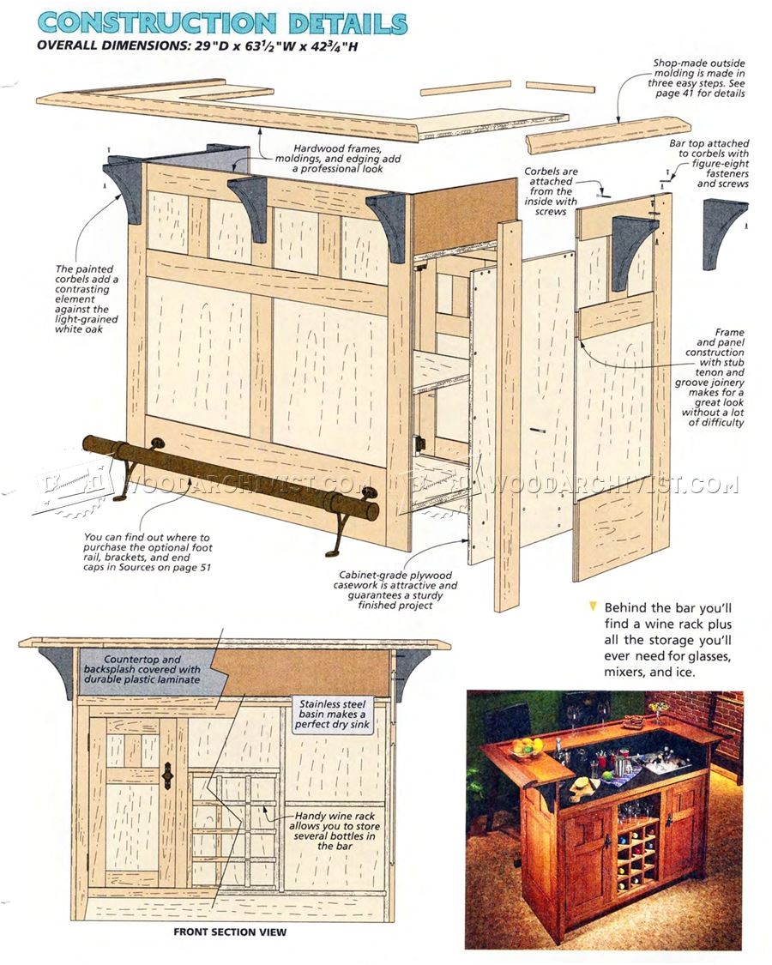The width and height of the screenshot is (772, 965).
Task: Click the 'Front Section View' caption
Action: [x=230, y=932]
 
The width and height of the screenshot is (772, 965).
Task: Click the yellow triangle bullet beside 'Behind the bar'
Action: [x=591, y=605]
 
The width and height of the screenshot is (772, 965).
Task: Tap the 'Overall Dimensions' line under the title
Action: [x=197, y=46]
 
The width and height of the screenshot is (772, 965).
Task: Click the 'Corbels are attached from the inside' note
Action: [x=549, y=190]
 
